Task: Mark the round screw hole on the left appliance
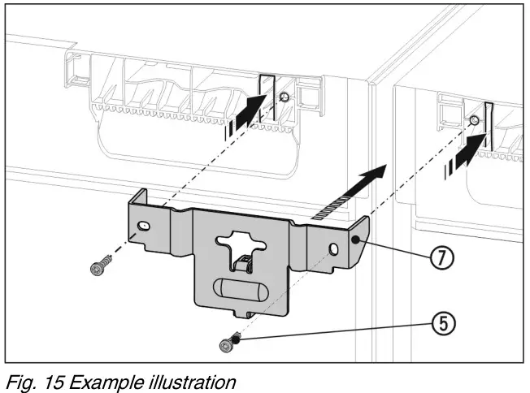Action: pyautogui.click(x=283, y=97)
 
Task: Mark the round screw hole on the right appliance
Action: pyautogui.click(x=475, y=122)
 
